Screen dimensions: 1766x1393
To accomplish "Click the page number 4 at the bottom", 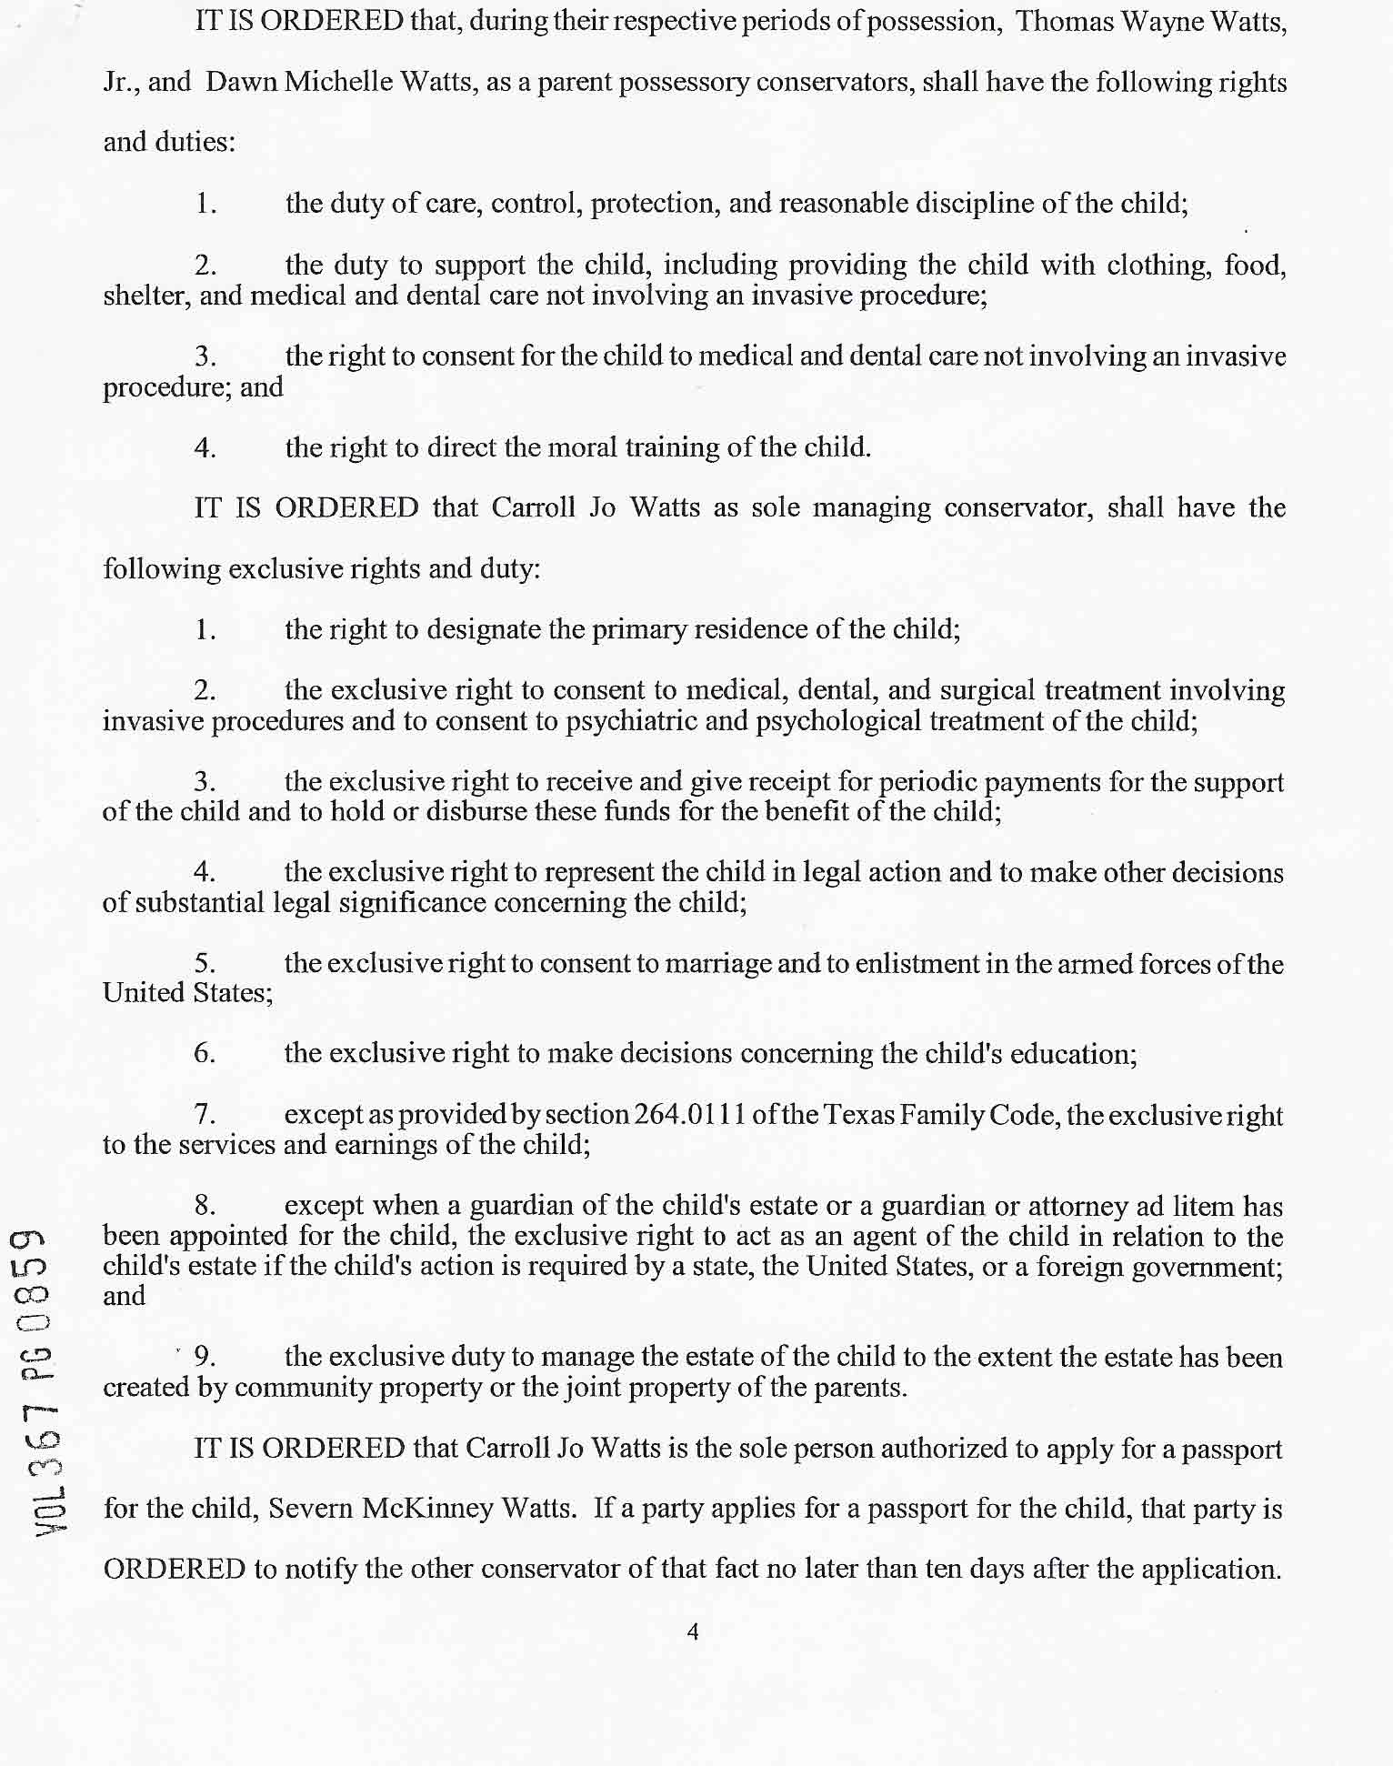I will (x=693, y=1631).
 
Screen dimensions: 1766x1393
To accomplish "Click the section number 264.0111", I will (x=690, y=1114).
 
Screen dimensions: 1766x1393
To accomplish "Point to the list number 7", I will (x=204, y=1114).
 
